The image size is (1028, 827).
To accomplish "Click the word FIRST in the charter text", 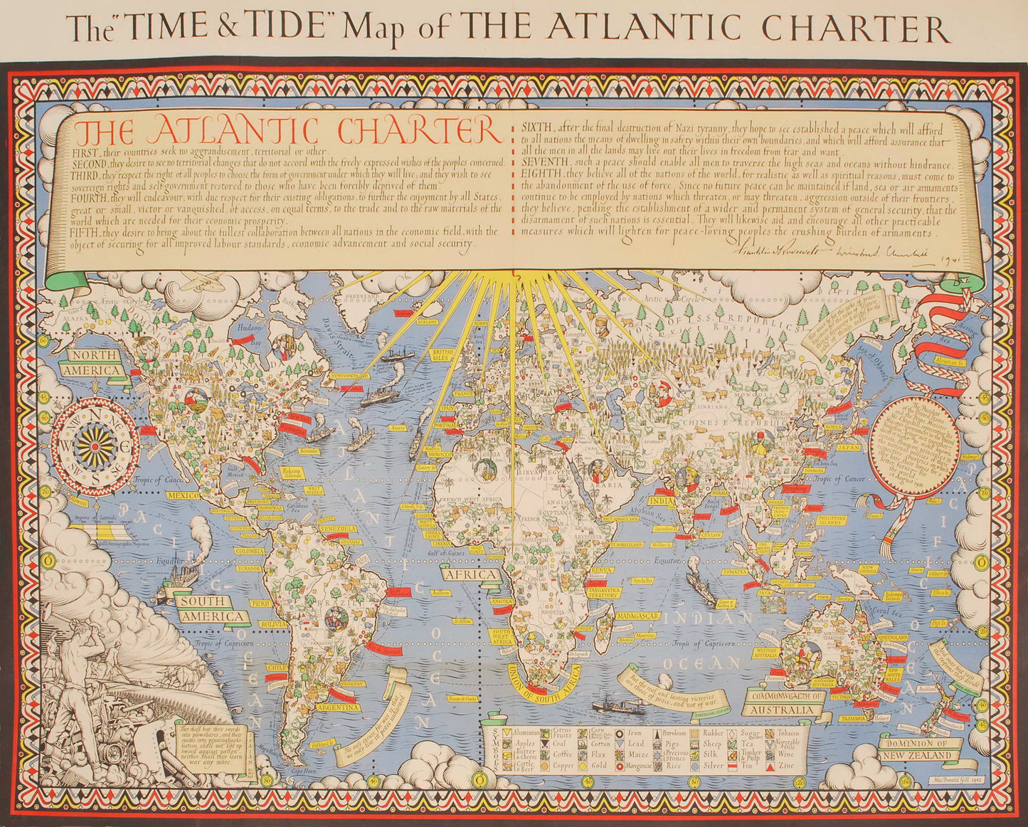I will (86, 152).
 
